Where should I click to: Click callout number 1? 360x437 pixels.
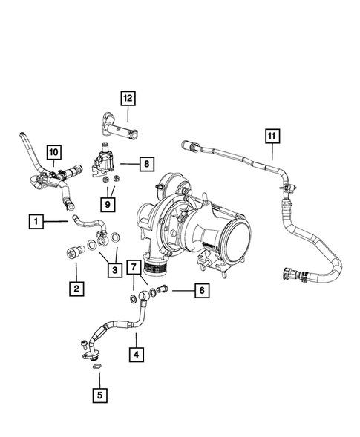[34, 220]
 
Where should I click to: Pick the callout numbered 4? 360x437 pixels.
[135, 355]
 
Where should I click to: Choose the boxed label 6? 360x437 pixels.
[199, 291]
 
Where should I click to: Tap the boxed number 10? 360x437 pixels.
[54, 153]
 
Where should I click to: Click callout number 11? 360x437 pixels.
[272, 135]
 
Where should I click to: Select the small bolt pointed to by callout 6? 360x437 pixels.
[164, 290]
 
